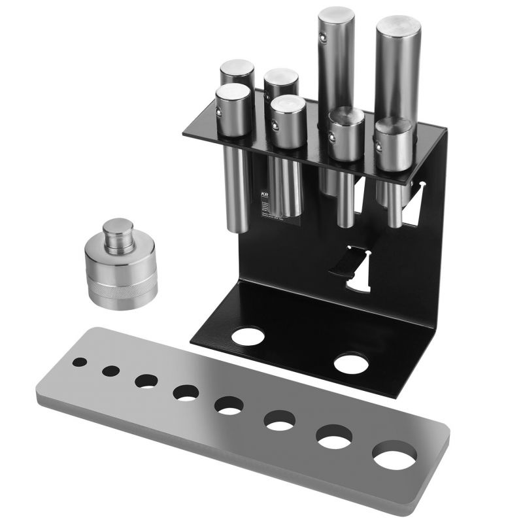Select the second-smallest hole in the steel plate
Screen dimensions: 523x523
(x=110, y=371)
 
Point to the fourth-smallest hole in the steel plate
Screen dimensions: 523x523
(x=186, y=393)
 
